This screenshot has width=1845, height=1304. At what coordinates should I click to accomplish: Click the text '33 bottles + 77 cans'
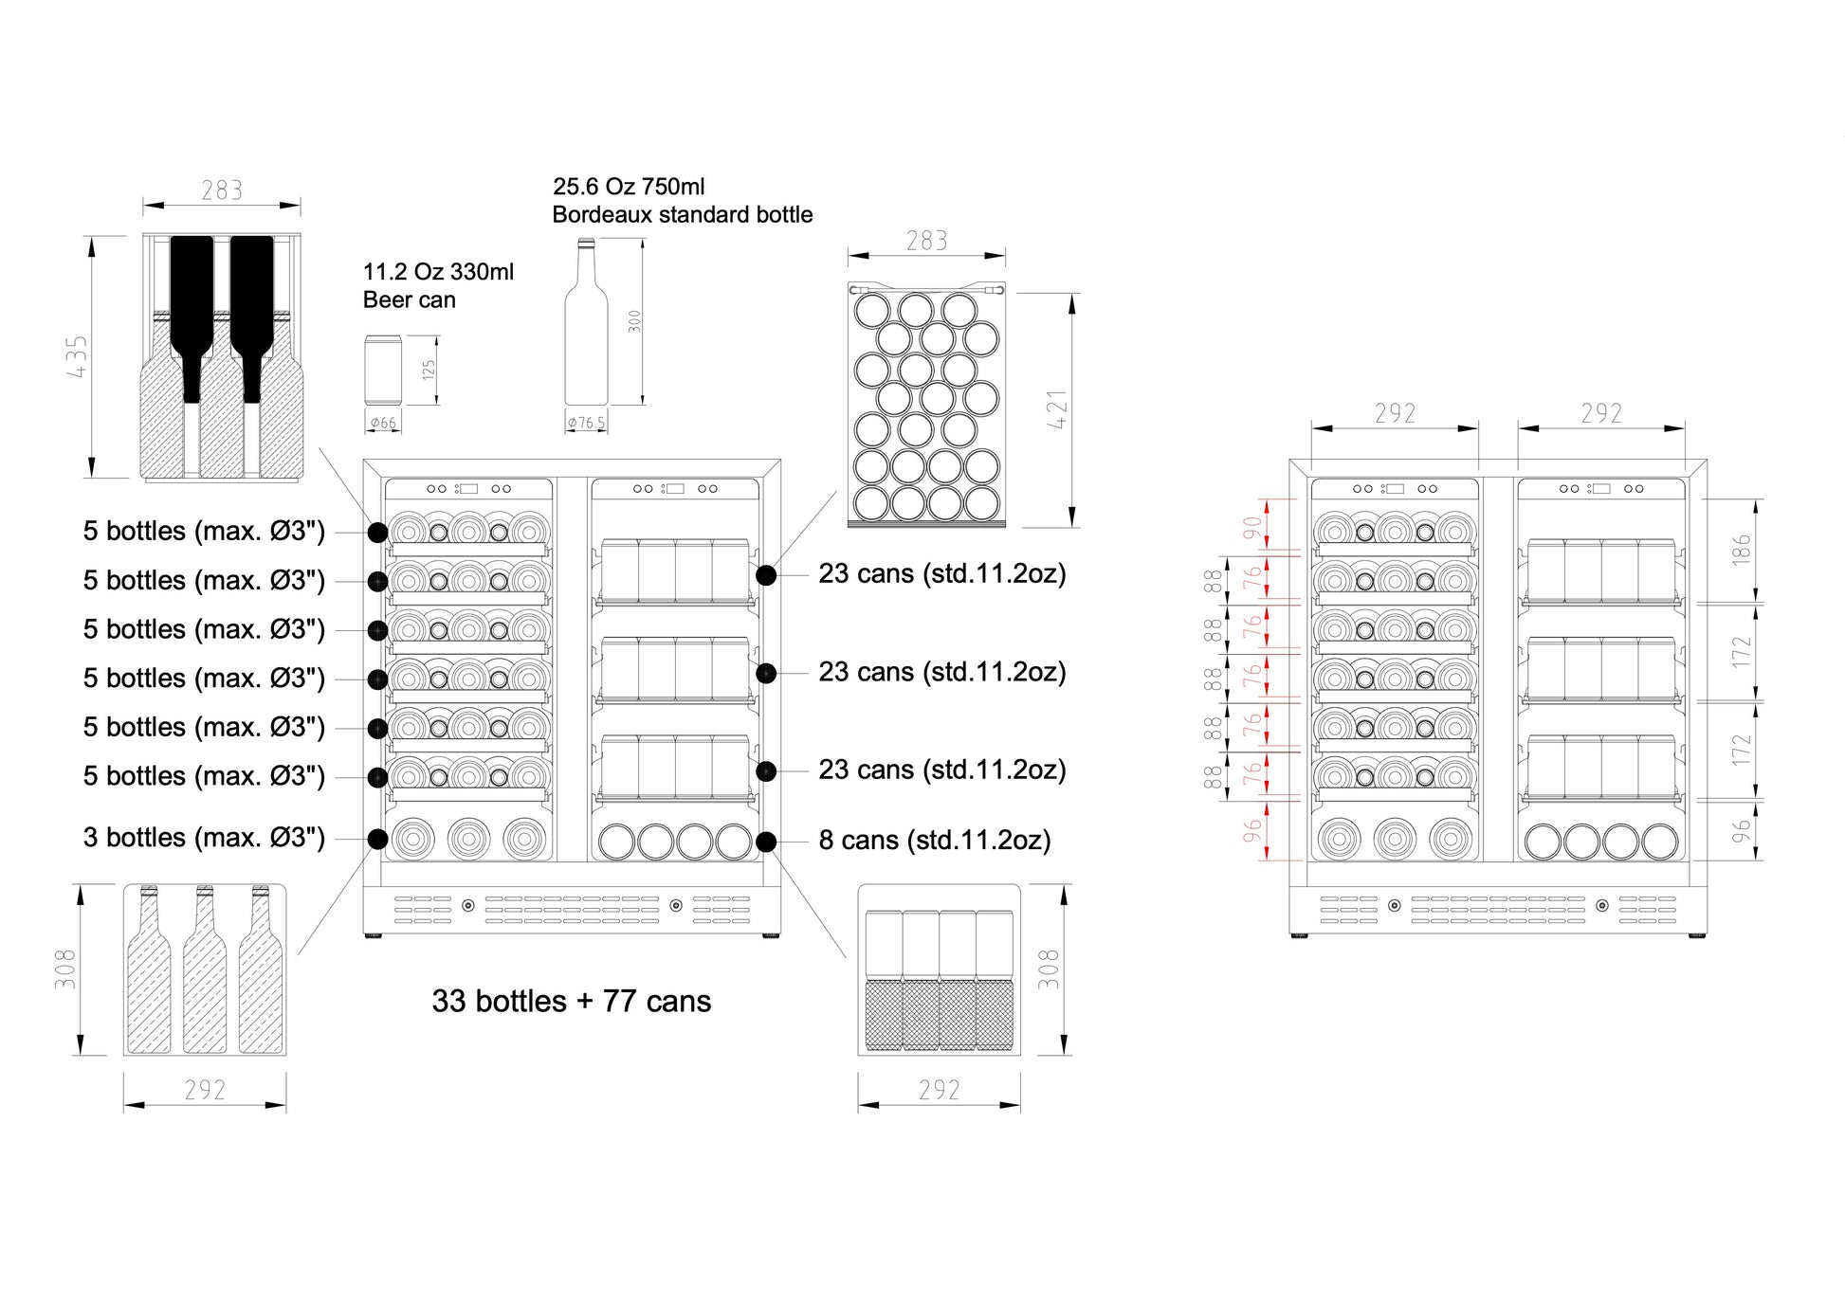point(571,1002)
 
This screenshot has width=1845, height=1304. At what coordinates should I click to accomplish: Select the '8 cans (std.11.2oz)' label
point(934,841)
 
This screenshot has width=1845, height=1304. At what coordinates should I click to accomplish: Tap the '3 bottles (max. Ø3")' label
point(204,838)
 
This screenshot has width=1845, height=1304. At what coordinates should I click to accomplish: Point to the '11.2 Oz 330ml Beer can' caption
point(438,285)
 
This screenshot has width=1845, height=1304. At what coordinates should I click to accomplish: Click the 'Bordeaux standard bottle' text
point(682,215)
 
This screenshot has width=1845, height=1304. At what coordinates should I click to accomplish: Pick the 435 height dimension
point(77,355)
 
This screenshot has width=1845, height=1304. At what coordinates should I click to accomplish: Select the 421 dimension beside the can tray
point(1057,408)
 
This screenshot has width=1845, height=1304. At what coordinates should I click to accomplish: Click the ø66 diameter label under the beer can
point(383,423)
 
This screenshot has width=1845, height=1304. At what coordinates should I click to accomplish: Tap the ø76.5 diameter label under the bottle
point(586,423)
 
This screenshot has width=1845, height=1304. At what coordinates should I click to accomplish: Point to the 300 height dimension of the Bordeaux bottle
point(634,321)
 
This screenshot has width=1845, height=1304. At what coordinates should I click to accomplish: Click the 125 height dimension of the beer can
point(429,369)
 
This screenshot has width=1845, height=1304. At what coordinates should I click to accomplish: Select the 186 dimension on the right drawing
point(1741,550)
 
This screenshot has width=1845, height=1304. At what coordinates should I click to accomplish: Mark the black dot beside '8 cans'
point(766,841)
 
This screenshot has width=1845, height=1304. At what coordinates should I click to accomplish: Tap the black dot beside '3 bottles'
point(377,839)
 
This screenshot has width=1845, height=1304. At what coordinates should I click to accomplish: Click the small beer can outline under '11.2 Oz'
point(383,370)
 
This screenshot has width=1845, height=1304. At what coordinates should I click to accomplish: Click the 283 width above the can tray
point(926,242)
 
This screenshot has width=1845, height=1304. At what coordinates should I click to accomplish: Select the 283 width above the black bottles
point(222,190)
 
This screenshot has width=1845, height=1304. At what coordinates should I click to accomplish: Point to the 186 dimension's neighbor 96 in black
point(1741,831)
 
